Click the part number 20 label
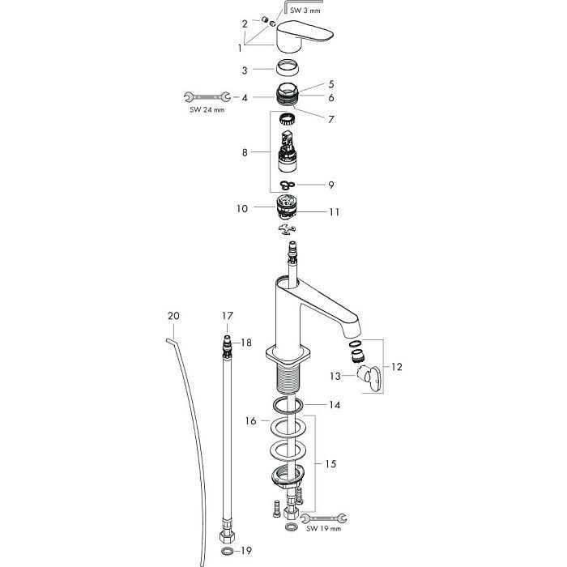[x=173, y=316]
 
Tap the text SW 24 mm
[x=207, y=109]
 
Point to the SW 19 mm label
[x=323, y=528]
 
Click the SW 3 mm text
[x=305, y=11]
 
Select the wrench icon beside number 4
[x=207, y=97]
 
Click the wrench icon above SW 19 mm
[x=323, y=518]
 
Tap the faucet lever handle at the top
[x=304, y=36]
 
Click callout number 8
[x=245, y=152]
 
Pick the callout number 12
[x=397, y=367]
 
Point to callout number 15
[x=330, y=463]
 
